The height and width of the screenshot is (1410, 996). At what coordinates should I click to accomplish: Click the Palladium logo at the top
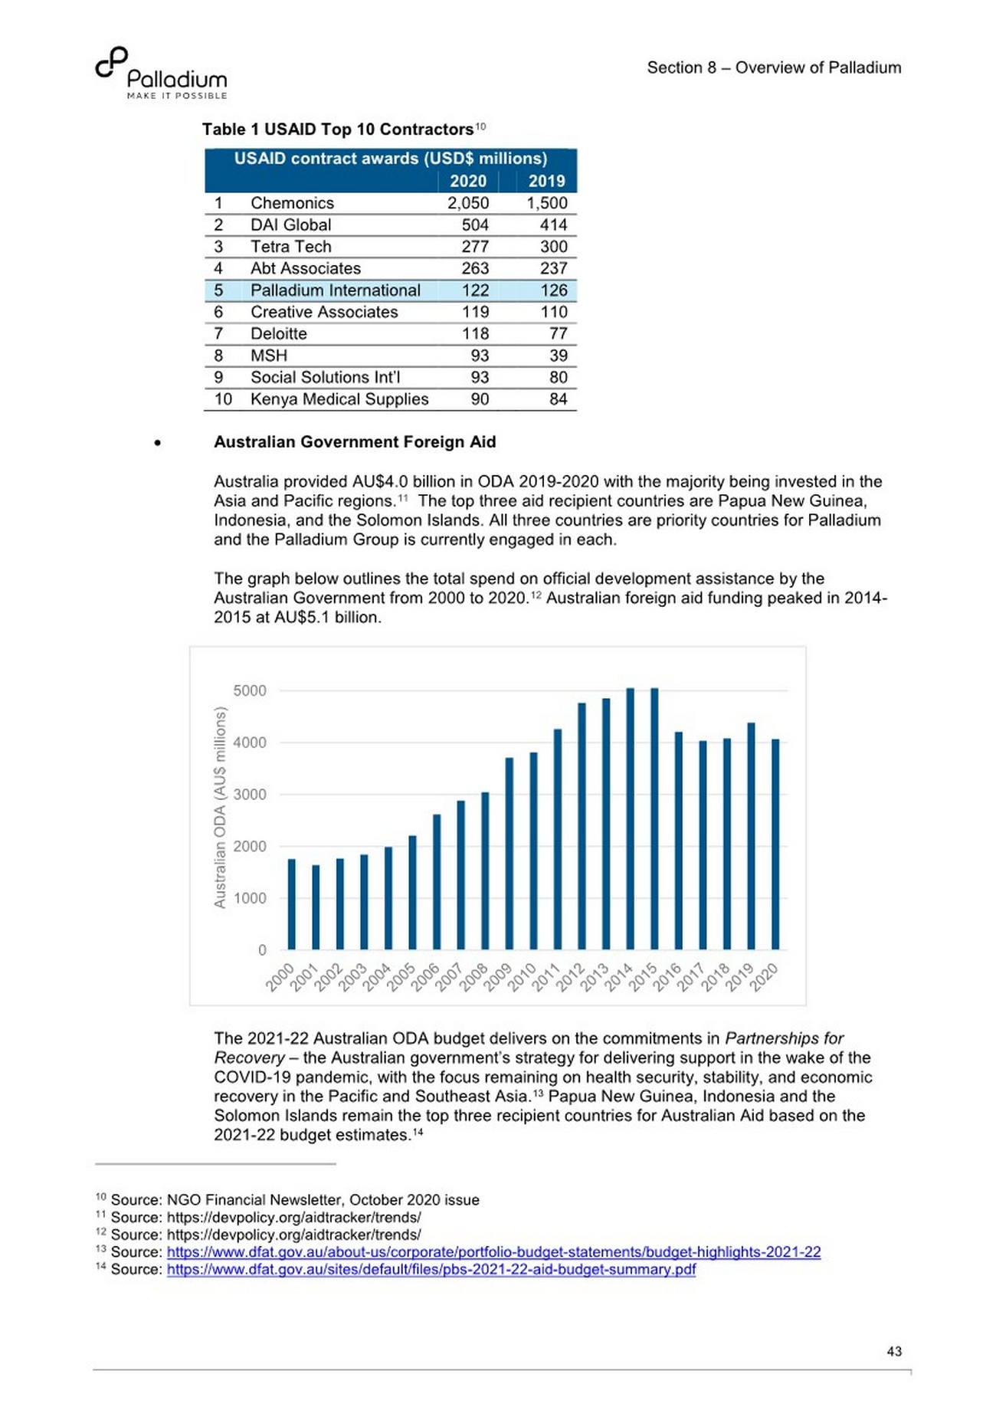pos(161,74)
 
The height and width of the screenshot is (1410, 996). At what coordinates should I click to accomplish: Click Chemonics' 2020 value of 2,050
pos(467,203)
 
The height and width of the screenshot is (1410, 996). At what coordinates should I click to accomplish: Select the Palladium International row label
pos(335,290)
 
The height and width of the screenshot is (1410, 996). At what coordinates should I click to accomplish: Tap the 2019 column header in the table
pos(546,181)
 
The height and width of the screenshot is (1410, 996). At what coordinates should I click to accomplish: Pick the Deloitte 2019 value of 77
pos(558,334)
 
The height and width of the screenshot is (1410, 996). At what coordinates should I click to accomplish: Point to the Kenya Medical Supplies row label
pos(339,399)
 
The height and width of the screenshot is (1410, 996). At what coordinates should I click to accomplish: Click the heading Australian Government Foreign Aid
pos(355,442)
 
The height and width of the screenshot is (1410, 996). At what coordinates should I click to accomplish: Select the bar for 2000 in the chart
pos(291,904)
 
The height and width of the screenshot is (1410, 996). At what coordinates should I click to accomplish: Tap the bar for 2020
pos(775,844)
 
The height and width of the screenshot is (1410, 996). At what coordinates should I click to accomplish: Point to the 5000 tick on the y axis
pos(250,690)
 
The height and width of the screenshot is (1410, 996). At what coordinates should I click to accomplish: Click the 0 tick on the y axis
pos(262,950)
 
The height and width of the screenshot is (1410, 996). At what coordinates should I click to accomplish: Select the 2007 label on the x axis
pos(450,978)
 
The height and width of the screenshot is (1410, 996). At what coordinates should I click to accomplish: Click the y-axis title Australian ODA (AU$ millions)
pos(220,808)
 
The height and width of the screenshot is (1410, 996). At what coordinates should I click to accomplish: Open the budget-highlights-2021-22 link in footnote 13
pos(493,1251)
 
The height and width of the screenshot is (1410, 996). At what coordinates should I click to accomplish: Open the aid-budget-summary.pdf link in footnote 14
pos(431,1269)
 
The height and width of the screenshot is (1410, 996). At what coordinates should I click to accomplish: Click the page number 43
pos(893,1352)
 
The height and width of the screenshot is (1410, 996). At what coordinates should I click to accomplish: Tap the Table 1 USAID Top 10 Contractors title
pos(338,130)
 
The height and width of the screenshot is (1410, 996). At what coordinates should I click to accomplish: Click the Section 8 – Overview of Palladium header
pos(774,67)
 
